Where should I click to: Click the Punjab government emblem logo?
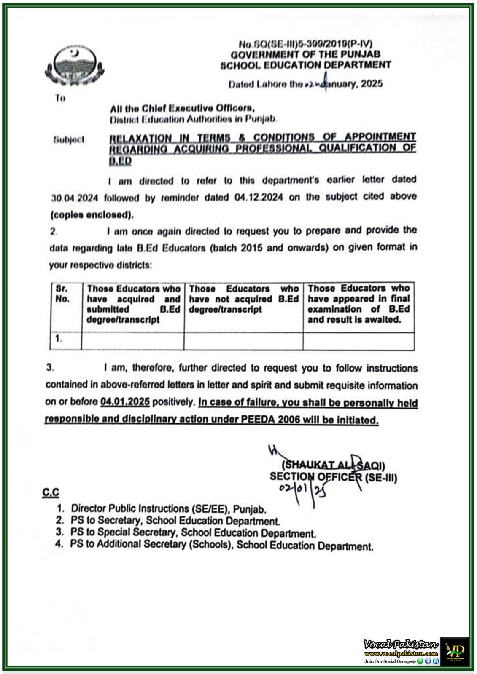point(74,67)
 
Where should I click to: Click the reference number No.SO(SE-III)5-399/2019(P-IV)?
point(305,44)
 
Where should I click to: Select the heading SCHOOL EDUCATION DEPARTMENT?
point(305,65)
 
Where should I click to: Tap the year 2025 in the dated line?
point(372,83)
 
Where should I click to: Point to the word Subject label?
point(69,139)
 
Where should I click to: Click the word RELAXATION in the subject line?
point(140,138)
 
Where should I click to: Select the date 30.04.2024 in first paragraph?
point(75,198)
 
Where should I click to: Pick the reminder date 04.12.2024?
point(258,197)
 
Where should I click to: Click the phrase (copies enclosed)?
point(92,215)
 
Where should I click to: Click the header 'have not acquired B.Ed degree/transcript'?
point(243,299)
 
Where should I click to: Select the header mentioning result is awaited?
point(358,304)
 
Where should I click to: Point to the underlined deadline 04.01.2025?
point(125,402)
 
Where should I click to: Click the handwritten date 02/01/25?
point(302,490)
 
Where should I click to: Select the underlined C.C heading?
point(51,492)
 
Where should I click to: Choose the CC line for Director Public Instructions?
point(168,509)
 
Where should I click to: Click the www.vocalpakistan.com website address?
point(401,654)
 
